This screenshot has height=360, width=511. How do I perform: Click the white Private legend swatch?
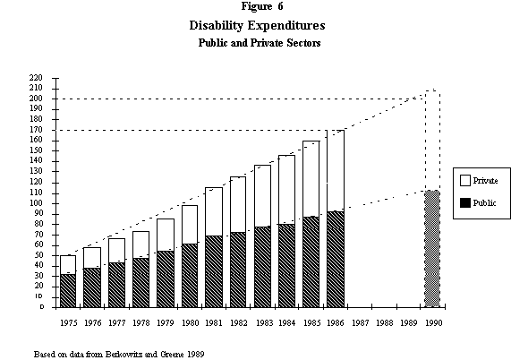point(464,180)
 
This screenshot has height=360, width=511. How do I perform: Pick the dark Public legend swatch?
point(464,204)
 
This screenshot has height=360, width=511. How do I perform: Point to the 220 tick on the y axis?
point(36,79)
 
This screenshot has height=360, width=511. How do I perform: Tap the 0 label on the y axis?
point(40,307)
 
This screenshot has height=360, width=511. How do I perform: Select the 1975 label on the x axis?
point(68,320)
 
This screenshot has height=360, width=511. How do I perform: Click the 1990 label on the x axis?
point(433,320)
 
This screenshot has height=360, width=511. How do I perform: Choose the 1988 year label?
point(385,320)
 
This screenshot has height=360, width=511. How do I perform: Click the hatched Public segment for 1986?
point(336,259)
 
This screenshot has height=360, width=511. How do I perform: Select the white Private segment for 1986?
point(336,170)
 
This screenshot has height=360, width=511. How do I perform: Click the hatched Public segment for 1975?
point(68,290)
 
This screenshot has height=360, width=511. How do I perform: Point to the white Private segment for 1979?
point(166,235)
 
